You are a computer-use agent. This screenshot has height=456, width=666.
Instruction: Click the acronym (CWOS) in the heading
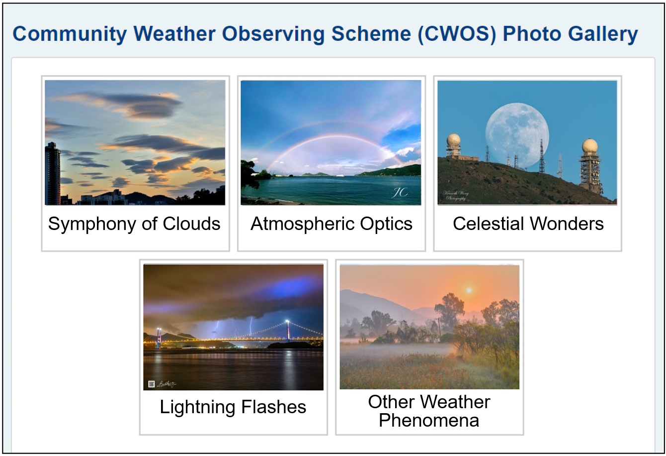(x=457, y=34)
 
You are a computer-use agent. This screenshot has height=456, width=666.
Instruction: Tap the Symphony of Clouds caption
(x=134, y=224)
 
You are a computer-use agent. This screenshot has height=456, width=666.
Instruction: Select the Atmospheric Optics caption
(x=332, y=224)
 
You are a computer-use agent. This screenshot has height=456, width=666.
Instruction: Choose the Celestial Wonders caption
(x=528, y=224)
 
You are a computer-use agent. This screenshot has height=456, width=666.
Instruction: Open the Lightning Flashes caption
(x=233, y=407)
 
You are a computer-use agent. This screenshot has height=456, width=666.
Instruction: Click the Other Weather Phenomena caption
(x=429, y=411)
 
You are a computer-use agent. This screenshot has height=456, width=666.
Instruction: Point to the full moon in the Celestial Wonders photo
(x=517, y=131)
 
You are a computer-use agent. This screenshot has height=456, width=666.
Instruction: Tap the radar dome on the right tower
(x=590, y=146)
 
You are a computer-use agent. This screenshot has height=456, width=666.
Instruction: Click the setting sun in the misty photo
(x=468, y=290)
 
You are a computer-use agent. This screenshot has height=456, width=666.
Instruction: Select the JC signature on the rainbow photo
(x=400, y=192)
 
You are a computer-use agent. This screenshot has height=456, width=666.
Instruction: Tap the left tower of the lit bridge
(x=159, y=337)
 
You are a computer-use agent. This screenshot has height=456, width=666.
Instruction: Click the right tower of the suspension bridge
(x=287, y=330)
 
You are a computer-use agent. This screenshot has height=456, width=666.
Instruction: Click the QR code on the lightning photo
(x=152, y=384)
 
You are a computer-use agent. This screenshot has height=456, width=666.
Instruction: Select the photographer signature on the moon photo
(x=456, y=195)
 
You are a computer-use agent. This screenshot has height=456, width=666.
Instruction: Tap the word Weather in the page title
(x=174, y=34)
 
